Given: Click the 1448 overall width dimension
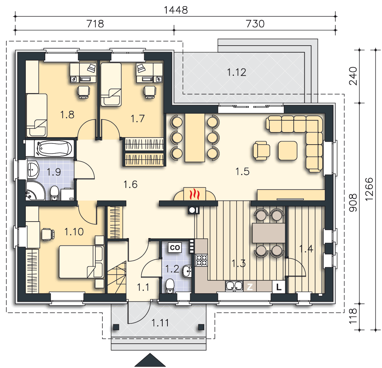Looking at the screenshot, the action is [x=176, y=10].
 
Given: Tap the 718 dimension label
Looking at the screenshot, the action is [x=95, y=24].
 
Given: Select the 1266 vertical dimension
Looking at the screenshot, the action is [x=369, y=189].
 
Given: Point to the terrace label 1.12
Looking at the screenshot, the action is [x=236, y=72].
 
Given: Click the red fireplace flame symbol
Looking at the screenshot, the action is [x=195, y=194].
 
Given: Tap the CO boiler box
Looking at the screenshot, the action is [x=175, y=247].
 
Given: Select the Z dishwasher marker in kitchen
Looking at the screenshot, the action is [x=250, y=287].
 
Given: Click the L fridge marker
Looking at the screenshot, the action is [x=279, y=287].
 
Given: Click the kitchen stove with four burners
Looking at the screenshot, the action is [x=201, y=260].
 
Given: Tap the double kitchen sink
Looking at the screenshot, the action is [x=234, y=286].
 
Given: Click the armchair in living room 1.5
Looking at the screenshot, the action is [x=261, y=151].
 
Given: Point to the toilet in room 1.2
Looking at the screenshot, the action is [x=170, y=286].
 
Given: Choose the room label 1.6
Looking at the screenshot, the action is [x=130, y=184].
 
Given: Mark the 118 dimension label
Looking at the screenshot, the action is [x=353, y=316].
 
